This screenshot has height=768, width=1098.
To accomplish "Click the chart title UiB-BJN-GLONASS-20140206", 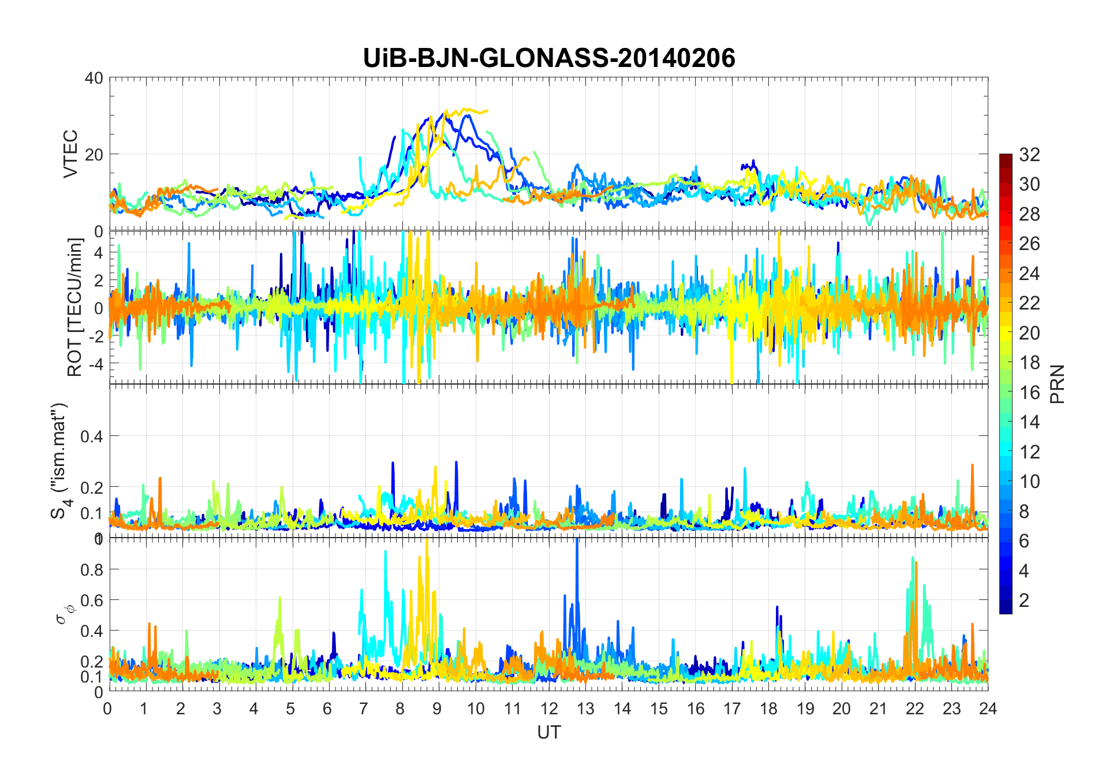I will click(x=549, y=58).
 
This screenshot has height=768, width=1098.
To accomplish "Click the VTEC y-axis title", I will click(x=70, y=154).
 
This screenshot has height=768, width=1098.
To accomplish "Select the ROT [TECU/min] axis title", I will click(x=76, y=307).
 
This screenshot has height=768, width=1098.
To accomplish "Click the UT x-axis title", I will click(x=548, y=732).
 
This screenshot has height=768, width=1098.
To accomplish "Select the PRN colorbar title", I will click(x=1058, y=384).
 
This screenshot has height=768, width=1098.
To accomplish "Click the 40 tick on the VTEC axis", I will click(x=94, y=78).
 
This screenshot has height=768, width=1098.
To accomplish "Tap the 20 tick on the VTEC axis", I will click(x=94, y=154).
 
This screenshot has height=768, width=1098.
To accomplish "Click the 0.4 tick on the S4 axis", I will click(x=91, y=436).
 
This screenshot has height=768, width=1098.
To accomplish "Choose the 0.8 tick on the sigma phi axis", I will click(x=91, y=569).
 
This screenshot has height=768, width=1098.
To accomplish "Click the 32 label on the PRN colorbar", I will click(x=1029, y=155).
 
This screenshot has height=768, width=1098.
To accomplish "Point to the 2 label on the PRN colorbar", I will click(x=1024, y=601).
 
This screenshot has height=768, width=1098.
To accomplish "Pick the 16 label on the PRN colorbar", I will click(x=1029, y=393).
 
